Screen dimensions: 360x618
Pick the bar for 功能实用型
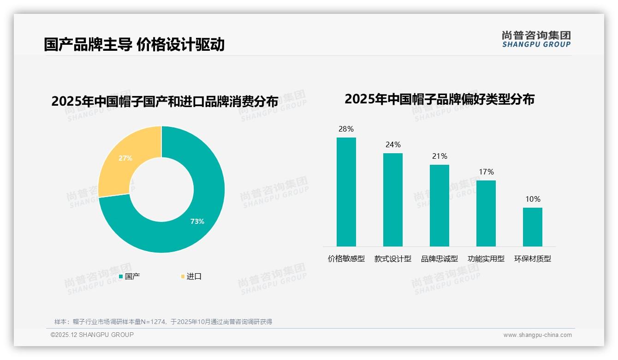pos(486,213)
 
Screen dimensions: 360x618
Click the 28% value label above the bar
pos(346,129)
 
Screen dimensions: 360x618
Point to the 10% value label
pos(533,199)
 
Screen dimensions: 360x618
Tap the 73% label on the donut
pos(197,222)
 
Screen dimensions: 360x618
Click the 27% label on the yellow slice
pos(125,158)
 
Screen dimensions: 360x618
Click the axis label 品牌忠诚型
pos(439,259)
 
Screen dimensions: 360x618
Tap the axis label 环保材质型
pos(533,259)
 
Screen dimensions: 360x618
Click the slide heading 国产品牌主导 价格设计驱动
pos(134,45)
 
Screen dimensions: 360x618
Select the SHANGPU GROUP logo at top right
pos(536,39)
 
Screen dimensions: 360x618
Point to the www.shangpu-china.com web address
pos(537,335)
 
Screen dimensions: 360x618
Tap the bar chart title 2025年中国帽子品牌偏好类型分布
pos(439,99)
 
